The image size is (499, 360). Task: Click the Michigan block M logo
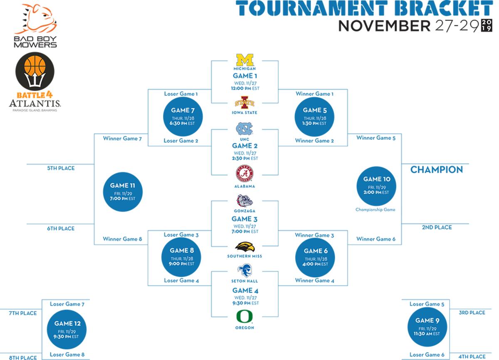(x=245, y=60)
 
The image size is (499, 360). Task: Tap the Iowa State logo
(x=245, y=102)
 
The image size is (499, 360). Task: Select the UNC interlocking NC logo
(x=245, y=129)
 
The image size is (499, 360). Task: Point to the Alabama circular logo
(x=245, y=174)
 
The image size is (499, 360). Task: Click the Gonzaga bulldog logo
(x=245, y=201)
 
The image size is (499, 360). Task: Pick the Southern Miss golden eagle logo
(x=245, y=247)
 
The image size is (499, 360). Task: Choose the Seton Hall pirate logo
(x=245, y=271)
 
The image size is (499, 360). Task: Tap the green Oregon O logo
(x=245, y=317)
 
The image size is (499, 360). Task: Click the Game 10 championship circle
(x=376, y=186)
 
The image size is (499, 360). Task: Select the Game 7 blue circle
(x=183, y=117)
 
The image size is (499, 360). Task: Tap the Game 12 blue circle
(x=67, y=330)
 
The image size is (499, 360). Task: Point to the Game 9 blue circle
(x=427, y=327)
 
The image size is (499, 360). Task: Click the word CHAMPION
(x=437, y=170)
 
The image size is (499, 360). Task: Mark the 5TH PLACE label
(x=61, y=168)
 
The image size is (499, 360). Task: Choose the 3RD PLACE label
(x=472, y=313)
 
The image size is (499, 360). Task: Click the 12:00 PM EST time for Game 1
(x=245, y=88)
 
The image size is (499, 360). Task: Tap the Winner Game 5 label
(x=376, y=138)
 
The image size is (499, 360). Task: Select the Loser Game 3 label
(x=181, y=235)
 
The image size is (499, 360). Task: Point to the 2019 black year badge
(x=487, y=25)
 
